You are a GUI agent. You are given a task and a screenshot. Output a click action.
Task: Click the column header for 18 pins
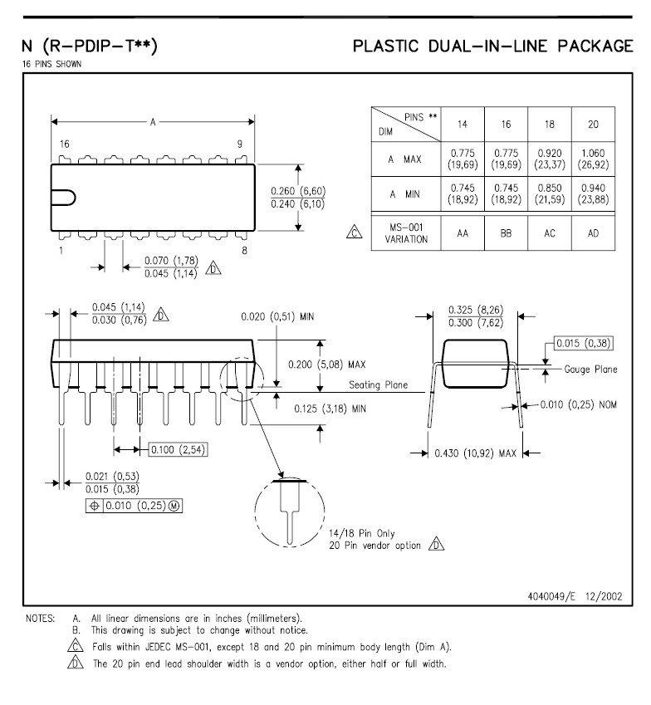click(x=550, y=125)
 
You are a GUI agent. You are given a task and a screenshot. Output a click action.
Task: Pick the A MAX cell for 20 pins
click(x=593, y=159)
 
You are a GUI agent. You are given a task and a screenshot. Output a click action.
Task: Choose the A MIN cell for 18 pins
click(x=550, y=195)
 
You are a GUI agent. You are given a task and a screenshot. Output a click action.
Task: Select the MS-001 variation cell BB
click(x=506, y=233)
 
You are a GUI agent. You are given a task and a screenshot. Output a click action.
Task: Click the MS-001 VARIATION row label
click(x=406, y=233)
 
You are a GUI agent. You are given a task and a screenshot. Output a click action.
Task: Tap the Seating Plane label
click(x=378, y=384)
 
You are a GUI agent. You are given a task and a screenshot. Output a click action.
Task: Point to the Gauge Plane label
click(x=590, y=369)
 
